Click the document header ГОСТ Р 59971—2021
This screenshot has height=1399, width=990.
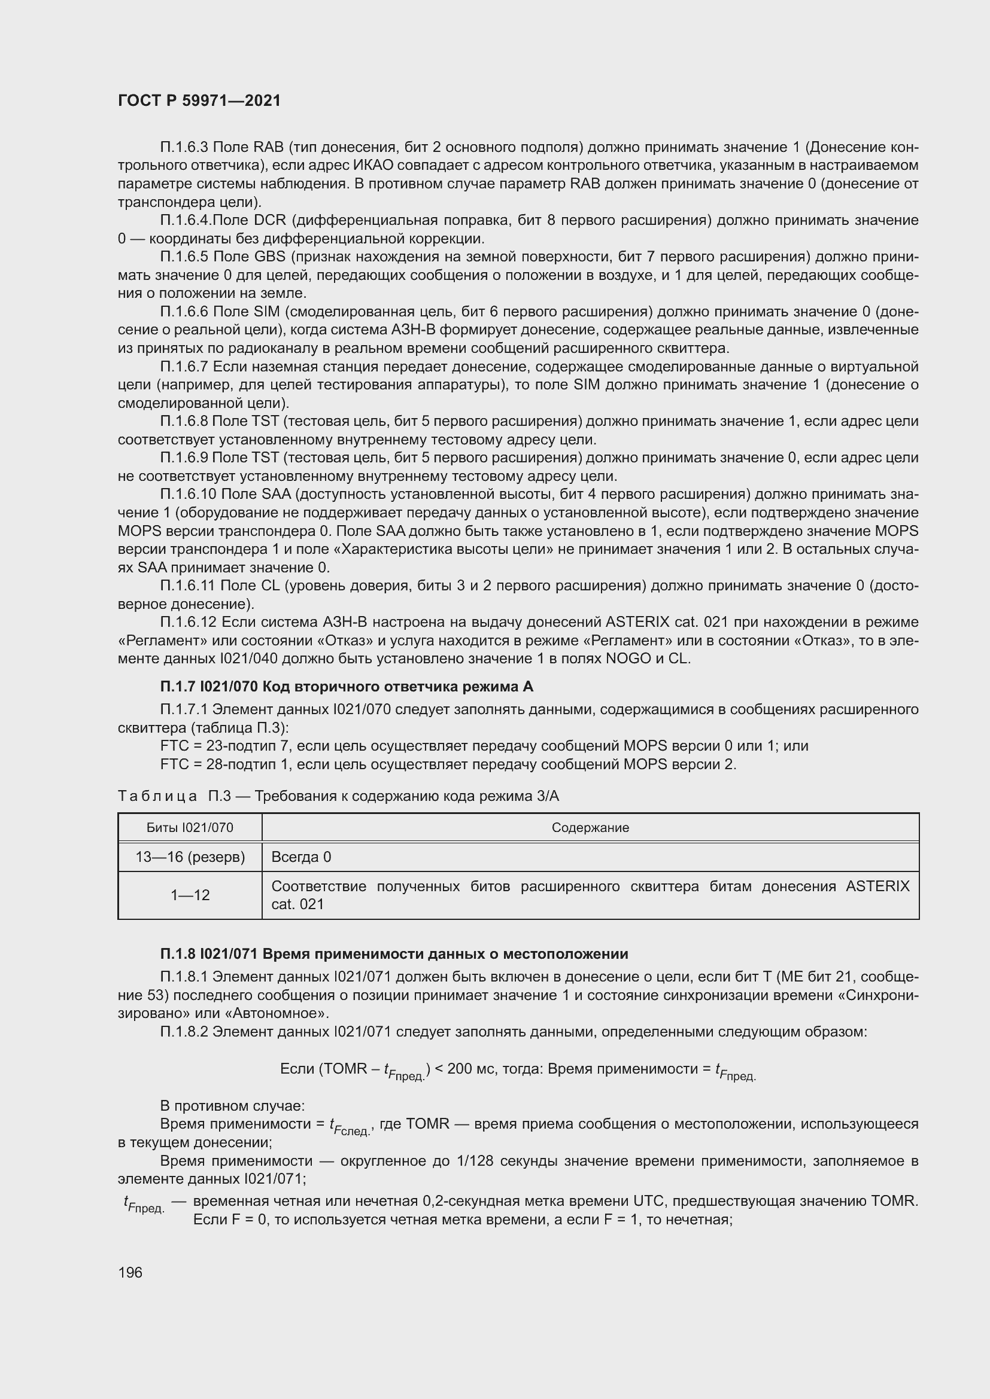pyautogui.click(x=199, y=100)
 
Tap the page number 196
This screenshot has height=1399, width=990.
pyautogui.click(x=130, y=1272)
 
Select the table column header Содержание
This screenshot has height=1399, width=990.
pyautogui.click(x=590, y=827)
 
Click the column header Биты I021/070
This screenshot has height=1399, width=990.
pyautogui.click(x=190, y=827)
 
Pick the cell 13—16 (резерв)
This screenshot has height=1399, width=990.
pyautogui.click(x=190, y=857)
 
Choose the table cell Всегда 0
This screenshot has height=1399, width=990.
pyautogui.click(x=301, y=857)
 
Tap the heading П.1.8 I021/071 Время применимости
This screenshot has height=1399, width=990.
pyautogui.click(x=394, y=953)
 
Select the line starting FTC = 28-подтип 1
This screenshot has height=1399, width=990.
pyautogui.click(x=448, y=764)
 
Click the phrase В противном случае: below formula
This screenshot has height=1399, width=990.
pyautogui.click(x=232, y=1105)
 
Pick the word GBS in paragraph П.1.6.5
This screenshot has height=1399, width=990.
pyautogui.click(x=269, y=257)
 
